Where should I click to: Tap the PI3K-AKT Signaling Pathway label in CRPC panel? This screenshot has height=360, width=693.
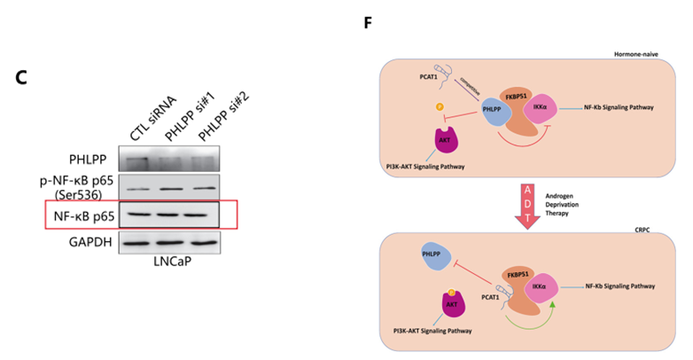(x=432, y=331)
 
